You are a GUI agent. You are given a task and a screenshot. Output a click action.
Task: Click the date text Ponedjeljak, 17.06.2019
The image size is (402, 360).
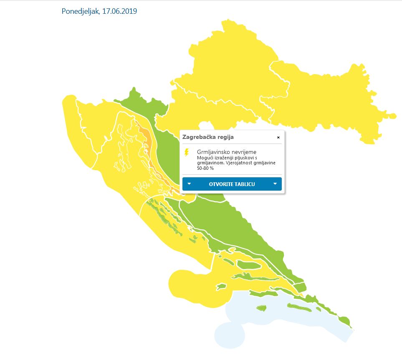pyautogui.click(x=99, y=11)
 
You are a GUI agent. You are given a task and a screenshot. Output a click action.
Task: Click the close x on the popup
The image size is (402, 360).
pyautogui.click(x=278, y=137)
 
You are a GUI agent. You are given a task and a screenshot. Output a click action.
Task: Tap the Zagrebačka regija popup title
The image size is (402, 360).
pyautogui.click(x=208, y=137)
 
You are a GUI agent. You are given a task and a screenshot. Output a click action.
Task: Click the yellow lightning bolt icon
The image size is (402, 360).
pyautogui.click(x=187, y=152)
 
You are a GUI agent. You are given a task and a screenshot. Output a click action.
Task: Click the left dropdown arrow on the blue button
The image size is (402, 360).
pyautogui.click(x=189, y=184)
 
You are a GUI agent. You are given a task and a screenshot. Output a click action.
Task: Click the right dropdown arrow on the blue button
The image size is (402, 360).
pyautogui.click(x=275, y=184)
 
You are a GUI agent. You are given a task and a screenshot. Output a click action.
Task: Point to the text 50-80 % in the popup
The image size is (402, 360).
pyautogui.click(x=205, y=168)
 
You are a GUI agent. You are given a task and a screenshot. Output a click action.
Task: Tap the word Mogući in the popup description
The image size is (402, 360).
pyautogui.click(x=205, y=158)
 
